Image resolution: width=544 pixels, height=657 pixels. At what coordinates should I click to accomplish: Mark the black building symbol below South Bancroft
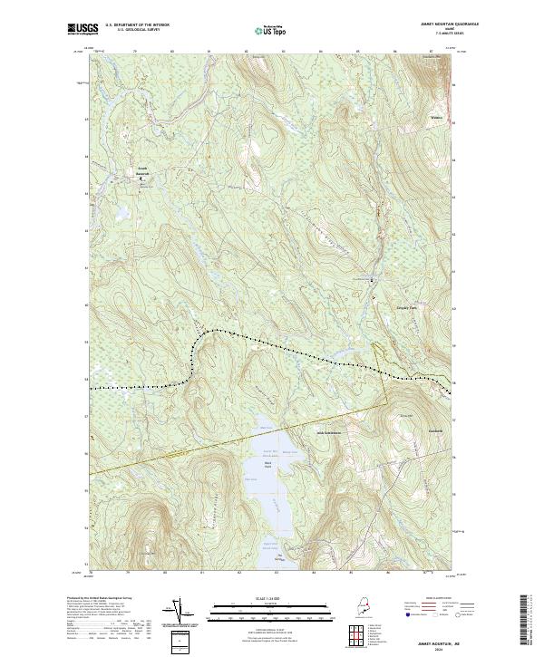pos(141,179)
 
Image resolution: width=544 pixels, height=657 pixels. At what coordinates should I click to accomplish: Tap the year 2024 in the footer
pos(443,645)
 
